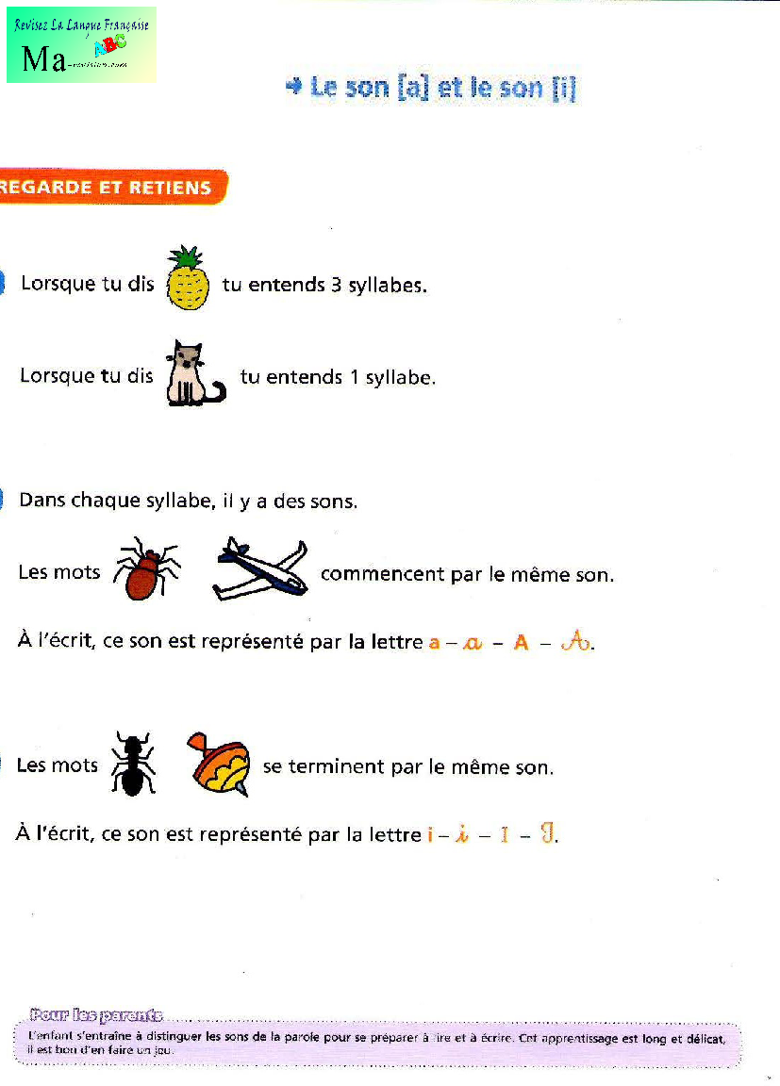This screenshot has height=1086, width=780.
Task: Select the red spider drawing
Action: click(147, 570)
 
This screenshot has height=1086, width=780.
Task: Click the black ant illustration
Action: click(133, 764)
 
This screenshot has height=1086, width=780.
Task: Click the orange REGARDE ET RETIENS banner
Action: click(108, 187)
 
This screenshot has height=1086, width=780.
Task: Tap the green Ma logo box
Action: click(81, 45)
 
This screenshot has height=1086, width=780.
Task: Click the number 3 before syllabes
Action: click(336, 285)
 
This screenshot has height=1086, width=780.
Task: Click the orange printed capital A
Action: click(521, 644)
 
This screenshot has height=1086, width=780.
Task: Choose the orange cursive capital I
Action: click(546, 833)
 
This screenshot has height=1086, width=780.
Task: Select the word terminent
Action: click(335, 767)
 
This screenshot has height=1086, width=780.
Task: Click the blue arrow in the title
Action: click(293, 87)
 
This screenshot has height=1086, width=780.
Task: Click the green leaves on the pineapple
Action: click(186, 256)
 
